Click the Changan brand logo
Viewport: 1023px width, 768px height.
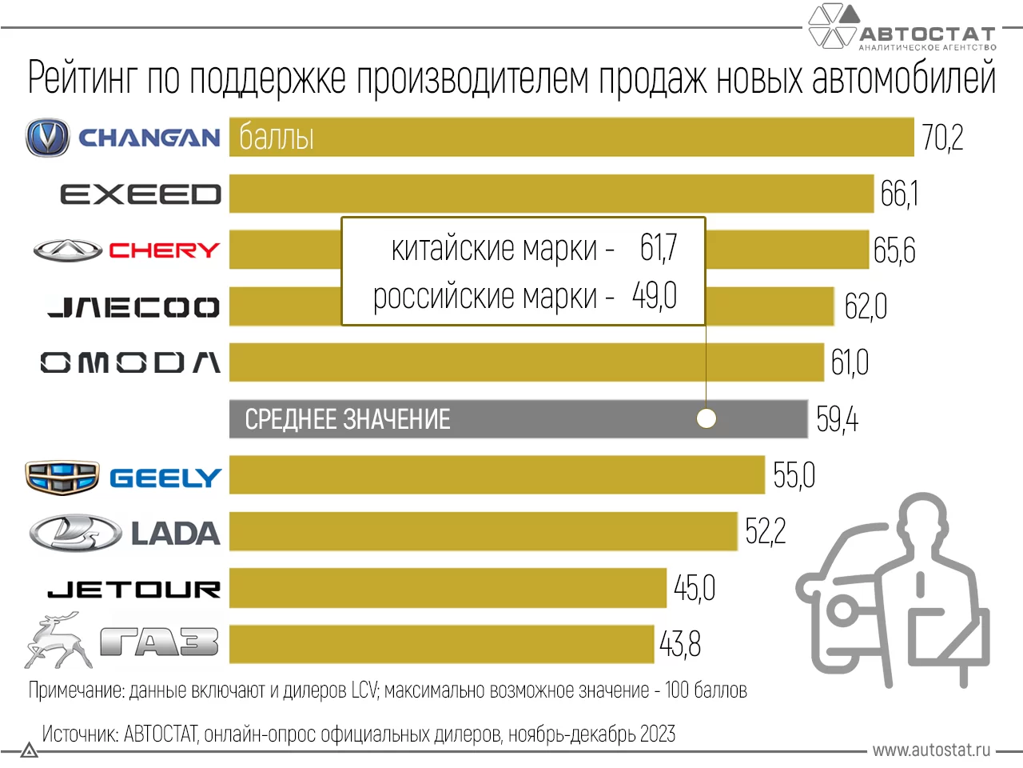(x=48, y=138)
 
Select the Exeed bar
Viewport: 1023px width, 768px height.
(x=551, y=194)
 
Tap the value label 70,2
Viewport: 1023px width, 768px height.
(x=942, y=138)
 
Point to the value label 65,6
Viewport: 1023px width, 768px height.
(x=894, y=250)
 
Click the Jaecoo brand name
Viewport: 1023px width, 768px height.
(x=133, y=307)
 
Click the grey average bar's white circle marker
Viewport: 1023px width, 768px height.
(x=707, y=418)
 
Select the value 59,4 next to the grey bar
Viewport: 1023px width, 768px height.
(x=837, y=419)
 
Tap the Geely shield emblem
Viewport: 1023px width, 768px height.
(x=62, y=478)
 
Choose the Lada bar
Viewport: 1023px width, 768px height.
(x=483, y=532)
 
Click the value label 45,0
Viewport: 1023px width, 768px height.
(x=694, y=589)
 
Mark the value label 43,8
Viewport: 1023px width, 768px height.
(x=680, y=644)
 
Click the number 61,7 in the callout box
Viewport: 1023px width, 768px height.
(x=659, y=248)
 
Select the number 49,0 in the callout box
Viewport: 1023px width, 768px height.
(x=655, y=296)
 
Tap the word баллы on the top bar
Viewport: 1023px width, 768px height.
(x=277, y=138)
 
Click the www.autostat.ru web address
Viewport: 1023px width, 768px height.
(x=931, y=750)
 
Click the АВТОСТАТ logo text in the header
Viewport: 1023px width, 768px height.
(x=927, y=34)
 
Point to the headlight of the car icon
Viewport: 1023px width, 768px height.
(x=840, y=612)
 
